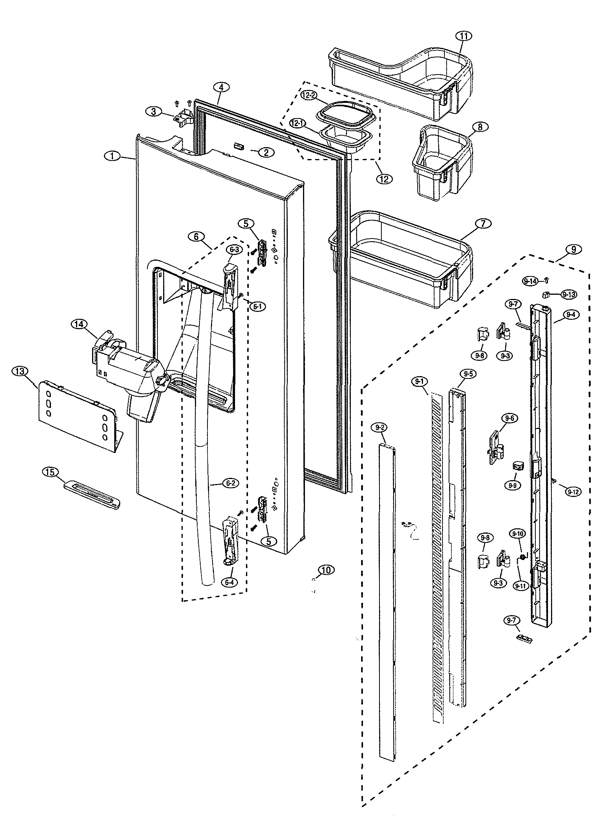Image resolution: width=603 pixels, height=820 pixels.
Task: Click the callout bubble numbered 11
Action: pyautogui.click(x=464, y=36)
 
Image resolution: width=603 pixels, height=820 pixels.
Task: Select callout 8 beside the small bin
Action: pyautogui.click(x=480, y=127)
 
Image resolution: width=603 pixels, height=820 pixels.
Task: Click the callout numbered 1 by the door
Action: pyautogui.click(x=112, y=156)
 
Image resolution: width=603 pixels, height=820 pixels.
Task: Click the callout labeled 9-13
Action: pyautogui.click(x=569, y=295)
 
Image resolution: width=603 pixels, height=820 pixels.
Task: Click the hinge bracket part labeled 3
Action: pyautogui.click(x=182, y=115)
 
